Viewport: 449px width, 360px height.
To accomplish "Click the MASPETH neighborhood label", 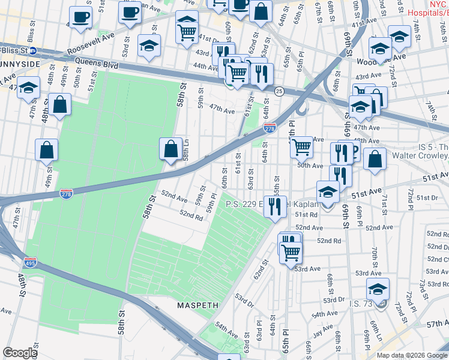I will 197,305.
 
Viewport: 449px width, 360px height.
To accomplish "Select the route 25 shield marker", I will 279,91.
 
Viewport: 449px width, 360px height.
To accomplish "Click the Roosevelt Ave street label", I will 90,44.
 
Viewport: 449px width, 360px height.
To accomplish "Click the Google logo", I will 20,353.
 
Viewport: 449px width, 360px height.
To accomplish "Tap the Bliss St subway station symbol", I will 32,50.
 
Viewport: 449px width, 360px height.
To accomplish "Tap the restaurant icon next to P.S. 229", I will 275,207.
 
